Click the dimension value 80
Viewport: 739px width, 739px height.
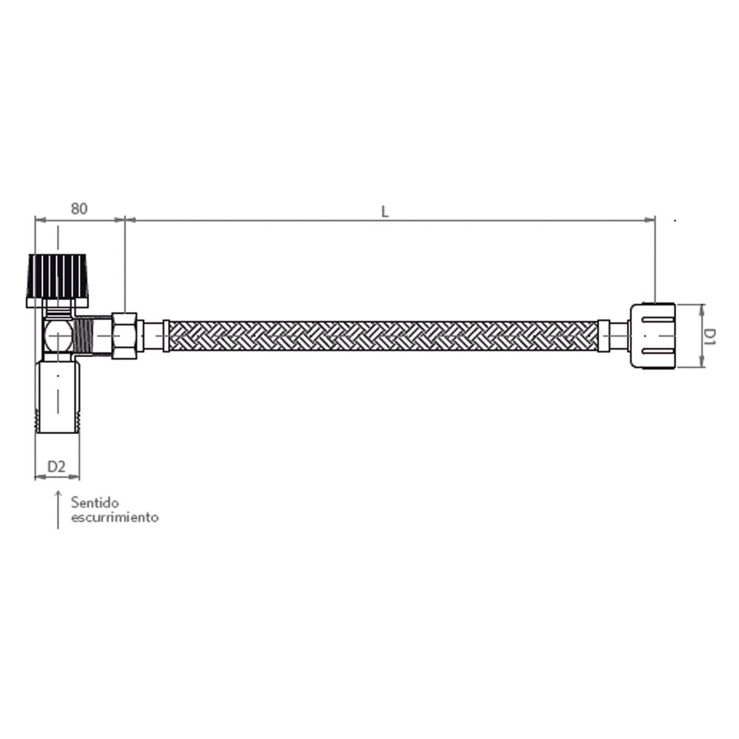[x=78, y=209]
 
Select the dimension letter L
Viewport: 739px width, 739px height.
[x=385, y=211]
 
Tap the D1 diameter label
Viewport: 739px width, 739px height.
[x=710, y=336]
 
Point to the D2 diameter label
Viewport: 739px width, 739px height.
[x=57, y=466]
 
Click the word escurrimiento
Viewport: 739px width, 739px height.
[x=115, y=517]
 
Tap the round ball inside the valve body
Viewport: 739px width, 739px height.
[x=56, y=337]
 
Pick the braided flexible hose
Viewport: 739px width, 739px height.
[x=382, y=336]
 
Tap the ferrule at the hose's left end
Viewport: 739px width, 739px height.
[x=166, y=336]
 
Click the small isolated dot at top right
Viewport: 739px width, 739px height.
[x=676, y=220]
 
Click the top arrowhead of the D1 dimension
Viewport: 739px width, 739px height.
[x=702, y=308]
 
